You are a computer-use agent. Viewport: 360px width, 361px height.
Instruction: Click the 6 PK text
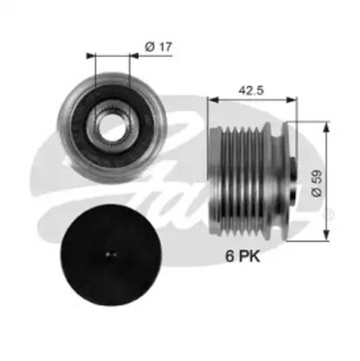pyautogui.click(x=243, y=256)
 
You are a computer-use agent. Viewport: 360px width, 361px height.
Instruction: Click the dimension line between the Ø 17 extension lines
pyautogui.click(x=108, y=55)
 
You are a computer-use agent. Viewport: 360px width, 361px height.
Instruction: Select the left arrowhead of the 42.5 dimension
pyautogui.click(x=212, y=99)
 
